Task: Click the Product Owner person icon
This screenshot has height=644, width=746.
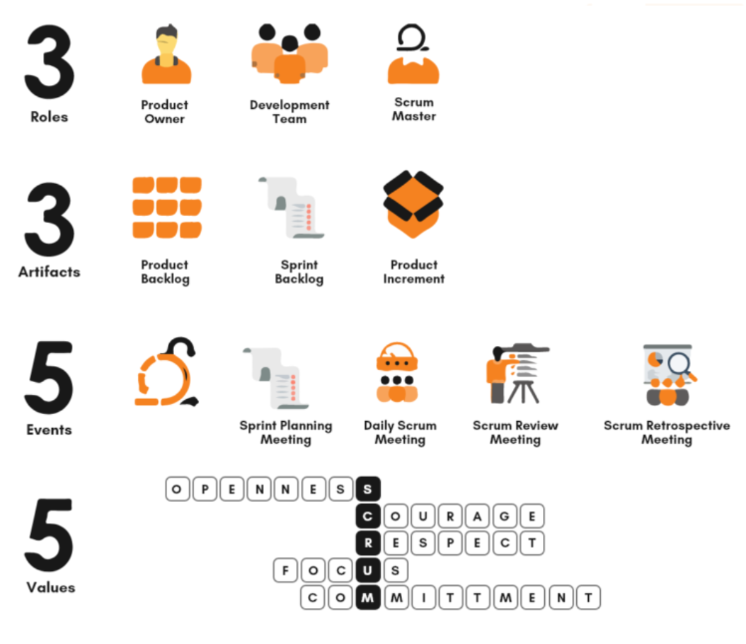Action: [166, 54]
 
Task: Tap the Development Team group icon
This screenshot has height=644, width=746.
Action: [289, 53]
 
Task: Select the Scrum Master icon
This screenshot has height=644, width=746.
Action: [413, 54]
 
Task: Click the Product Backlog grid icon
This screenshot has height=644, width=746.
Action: [167, 207]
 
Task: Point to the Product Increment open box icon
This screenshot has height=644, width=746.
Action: [413, 204]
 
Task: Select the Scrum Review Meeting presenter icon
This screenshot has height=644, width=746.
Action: [517, 374]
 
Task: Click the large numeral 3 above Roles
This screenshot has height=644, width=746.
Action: [50, 62]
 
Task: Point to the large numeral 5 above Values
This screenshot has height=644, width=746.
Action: [50, 534]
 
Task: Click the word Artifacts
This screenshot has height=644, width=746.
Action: [50, 272]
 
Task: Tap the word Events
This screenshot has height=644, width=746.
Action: [50, 430]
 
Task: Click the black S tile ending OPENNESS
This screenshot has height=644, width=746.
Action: [368, 489]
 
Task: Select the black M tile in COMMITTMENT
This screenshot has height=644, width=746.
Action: [368, 597]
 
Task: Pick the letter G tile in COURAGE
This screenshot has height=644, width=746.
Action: [505, 516]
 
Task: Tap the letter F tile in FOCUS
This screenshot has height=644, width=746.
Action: [285, 570]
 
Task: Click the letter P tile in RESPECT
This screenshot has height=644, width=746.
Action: [450, 544]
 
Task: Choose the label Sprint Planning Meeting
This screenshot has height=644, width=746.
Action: [286, 432]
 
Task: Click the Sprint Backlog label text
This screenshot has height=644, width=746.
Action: [299, 272]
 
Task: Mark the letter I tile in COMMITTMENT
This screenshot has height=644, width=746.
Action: [423, 597]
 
